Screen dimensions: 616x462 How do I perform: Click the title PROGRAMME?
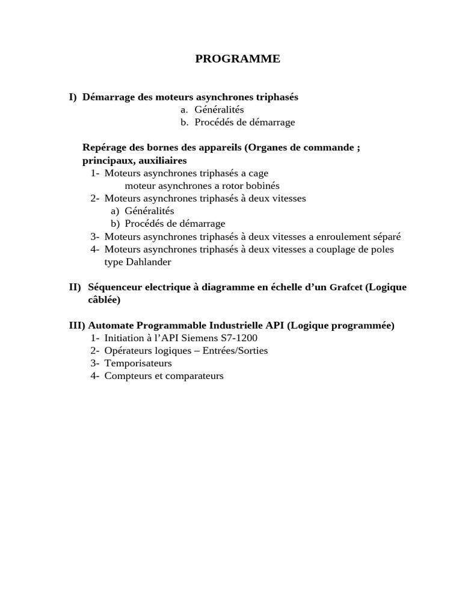click(x=238, y=58)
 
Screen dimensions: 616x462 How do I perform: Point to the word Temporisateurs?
click(x=138, y=363)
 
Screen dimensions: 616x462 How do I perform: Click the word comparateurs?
click(x=191, y=376)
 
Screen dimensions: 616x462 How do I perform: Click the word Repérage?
click(x=103, y=148)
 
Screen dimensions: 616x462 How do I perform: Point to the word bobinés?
click(x=262, y=186)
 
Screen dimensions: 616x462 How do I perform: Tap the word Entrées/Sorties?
click(x=235, y=351)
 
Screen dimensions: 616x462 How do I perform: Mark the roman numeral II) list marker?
click(x=76, y=287)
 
